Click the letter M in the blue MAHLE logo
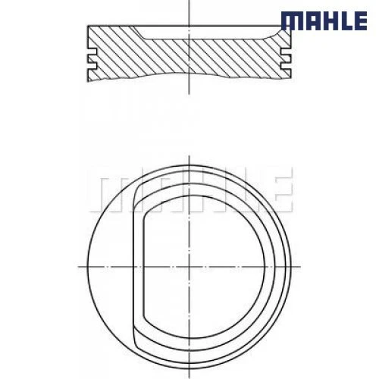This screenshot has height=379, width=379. (292, 20)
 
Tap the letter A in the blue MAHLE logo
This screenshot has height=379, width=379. (312, 20)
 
